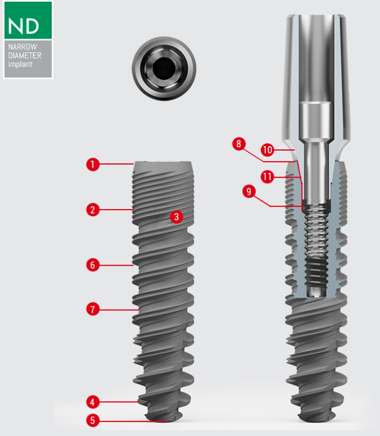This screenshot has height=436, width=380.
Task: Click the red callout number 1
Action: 93,164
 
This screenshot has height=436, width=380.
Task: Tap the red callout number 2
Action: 93,210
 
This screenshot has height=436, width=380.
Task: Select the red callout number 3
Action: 177,217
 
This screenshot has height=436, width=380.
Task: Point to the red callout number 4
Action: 93,402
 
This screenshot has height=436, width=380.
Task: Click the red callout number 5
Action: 93,420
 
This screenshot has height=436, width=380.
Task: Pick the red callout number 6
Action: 93,265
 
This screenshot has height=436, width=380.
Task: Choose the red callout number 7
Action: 93,309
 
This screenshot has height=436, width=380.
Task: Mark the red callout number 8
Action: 239,144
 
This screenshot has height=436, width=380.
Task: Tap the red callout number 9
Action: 249,192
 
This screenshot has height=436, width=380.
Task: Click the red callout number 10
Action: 268,150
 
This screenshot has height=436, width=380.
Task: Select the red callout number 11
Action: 268,177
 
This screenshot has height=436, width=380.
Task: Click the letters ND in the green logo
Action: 24,26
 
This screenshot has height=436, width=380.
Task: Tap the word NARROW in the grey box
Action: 22,47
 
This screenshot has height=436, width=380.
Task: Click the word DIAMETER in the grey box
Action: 25,55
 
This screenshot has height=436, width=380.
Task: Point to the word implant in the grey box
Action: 20,64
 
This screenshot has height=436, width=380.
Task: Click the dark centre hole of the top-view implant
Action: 164,69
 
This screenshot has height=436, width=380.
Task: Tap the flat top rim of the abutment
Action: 316,15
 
